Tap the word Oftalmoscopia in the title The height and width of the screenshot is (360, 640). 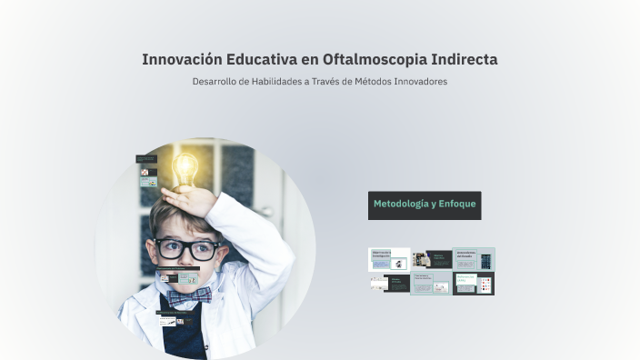coord(372,59)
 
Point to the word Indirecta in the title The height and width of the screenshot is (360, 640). coord(463,59)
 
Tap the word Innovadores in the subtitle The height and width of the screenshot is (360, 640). coord(422,82)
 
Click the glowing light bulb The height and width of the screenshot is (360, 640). coord(185,167)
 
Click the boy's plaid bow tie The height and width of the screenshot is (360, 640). coord(189,294)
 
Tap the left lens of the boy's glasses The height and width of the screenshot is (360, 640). coord(168,247)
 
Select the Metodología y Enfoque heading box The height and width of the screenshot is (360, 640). coord(425,205)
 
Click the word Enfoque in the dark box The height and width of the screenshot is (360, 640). coord(456,204)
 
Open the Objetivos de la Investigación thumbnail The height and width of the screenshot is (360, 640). coord(388,259)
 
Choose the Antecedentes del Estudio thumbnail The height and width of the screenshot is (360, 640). coord(474,259)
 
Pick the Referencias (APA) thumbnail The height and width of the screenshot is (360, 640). coord(474,284)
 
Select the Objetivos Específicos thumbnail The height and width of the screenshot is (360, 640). coord(432,259)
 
